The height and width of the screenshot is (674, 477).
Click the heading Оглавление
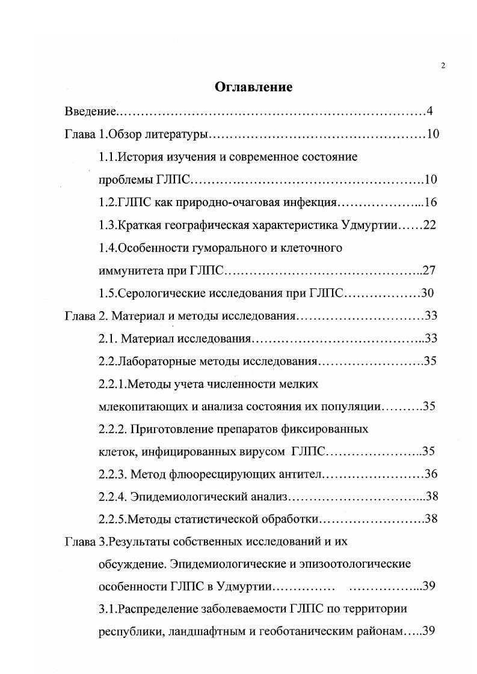tap(253, 87)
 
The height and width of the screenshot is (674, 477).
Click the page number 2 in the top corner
tap(443, 65)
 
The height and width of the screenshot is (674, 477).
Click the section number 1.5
tap(108, 293)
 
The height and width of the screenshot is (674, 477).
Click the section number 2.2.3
tap(112, 475)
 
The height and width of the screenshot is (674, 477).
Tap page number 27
tap(429, 270)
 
